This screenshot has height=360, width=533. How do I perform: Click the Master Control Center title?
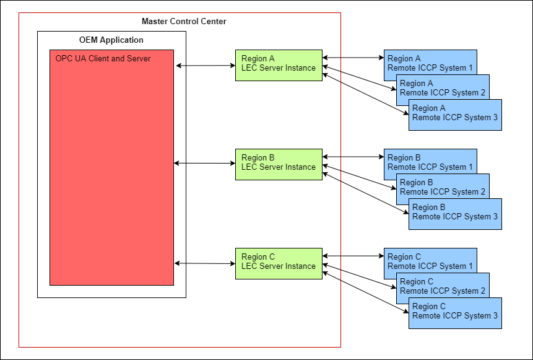pos(184,22)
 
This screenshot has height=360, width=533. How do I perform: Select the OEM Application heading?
pos(111,40)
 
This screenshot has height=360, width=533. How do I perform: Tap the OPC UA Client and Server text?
pos(103,59)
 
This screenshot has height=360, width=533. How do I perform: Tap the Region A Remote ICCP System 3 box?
pos(454,114)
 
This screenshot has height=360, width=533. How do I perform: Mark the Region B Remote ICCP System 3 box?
pos(454,213)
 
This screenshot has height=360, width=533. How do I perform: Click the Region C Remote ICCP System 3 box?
pos(454,312)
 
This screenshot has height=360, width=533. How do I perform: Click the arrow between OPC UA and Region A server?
pos(206,65)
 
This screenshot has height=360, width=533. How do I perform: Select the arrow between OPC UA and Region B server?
pos(204,164)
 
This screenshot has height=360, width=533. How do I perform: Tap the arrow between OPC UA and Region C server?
pos(204,263)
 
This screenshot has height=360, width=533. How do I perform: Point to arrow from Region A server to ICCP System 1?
pos(353,58)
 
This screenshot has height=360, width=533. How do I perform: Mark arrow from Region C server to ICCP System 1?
pos(353,256)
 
